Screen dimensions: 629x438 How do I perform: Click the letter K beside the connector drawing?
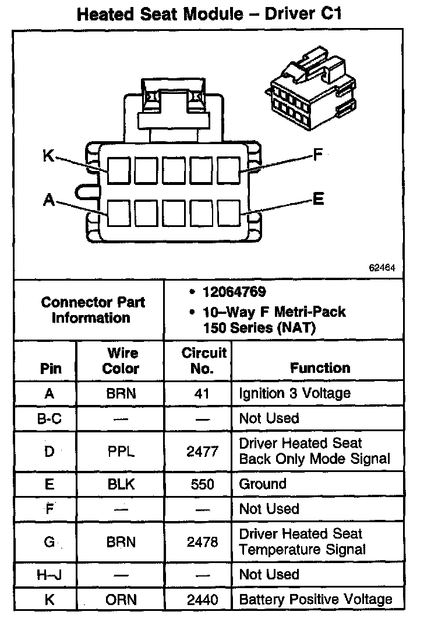(49, 156)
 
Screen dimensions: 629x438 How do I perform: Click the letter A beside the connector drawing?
(49, 201)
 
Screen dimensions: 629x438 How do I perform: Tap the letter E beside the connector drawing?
(317, 200)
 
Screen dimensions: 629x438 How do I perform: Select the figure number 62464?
(382, 269)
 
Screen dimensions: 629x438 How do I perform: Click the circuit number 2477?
(202, 451)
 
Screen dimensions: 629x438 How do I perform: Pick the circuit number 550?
(202, 484)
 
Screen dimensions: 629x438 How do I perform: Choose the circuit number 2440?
(202, 599)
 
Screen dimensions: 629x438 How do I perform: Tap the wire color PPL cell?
(121, 451)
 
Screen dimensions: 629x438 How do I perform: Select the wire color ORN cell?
(121, 599)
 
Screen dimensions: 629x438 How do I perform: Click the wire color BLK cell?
(121, 484)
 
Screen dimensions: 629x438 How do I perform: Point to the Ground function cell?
(263, 484)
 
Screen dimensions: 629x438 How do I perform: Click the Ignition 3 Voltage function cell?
(295, 393)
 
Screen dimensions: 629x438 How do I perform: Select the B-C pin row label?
(49, 418)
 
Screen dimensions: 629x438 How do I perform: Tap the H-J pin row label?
(49, 575)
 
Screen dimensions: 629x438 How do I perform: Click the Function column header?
(320, 368)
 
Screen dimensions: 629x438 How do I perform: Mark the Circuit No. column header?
(203, 361)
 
